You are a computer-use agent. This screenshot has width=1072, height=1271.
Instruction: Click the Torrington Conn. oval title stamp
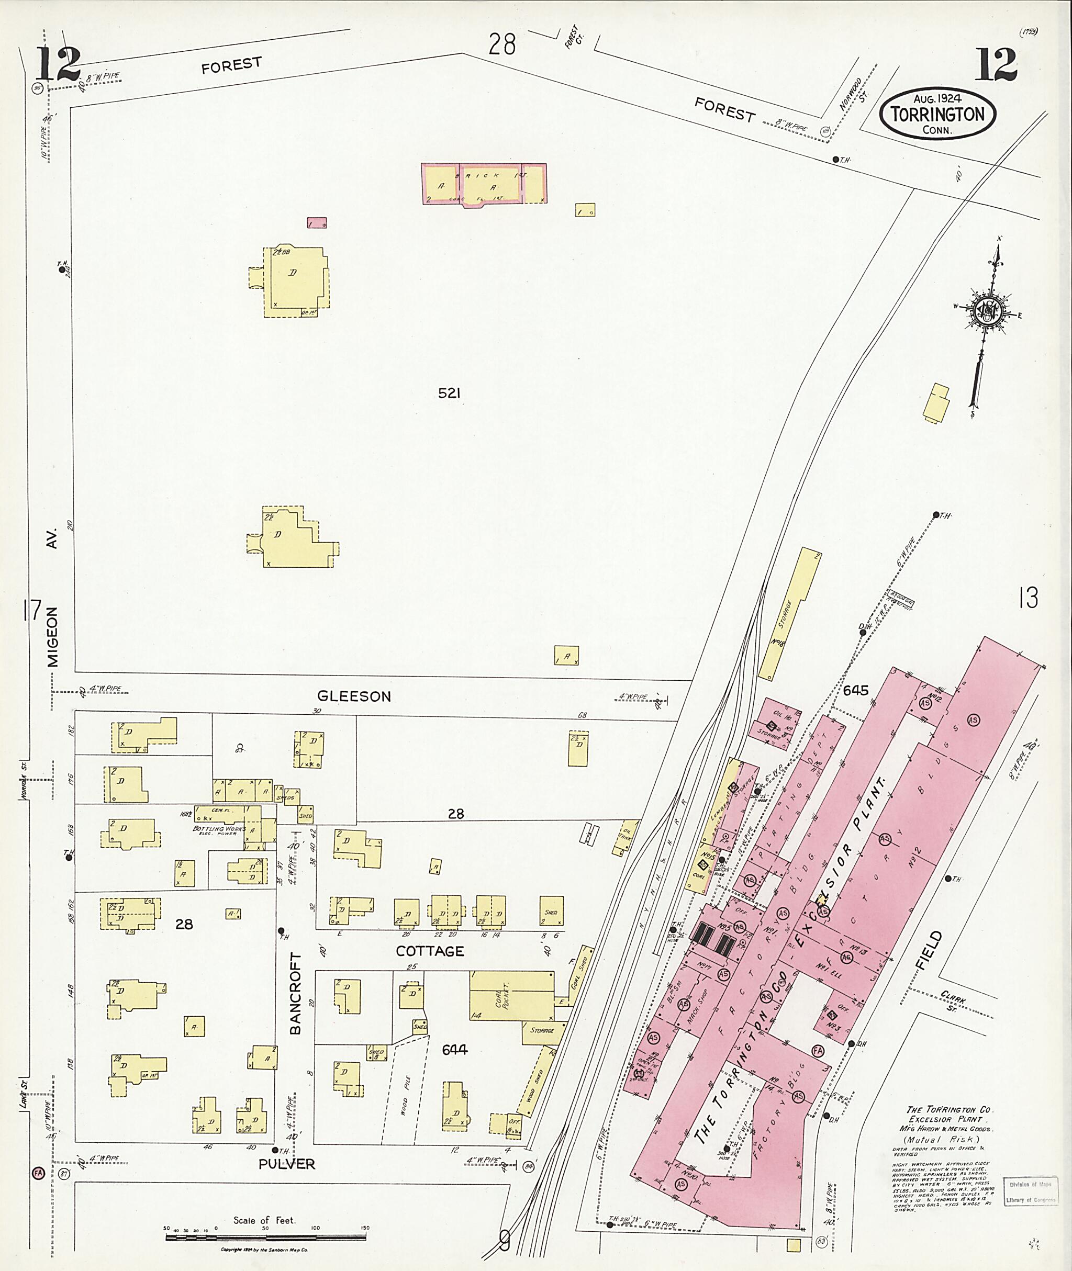pos(937,114)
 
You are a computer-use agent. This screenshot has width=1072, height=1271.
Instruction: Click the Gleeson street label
pos(354,696)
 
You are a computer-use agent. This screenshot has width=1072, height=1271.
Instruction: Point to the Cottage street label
pos(430,951)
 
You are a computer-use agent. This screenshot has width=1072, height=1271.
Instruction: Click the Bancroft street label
pos(295,993)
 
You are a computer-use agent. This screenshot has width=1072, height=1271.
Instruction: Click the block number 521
pos(449,393)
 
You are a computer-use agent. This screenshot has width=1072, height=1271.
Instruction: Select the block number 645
pos(855,690)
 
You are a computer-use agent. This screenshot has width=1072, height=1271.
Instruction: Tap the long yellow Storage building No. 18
pos(789,614)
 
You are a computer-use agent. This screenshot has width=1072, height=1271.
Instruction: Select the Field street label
pos(933,950)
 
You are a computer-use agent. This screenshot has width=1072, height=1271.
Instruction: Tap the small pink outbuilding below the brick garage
pos(317,223)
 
